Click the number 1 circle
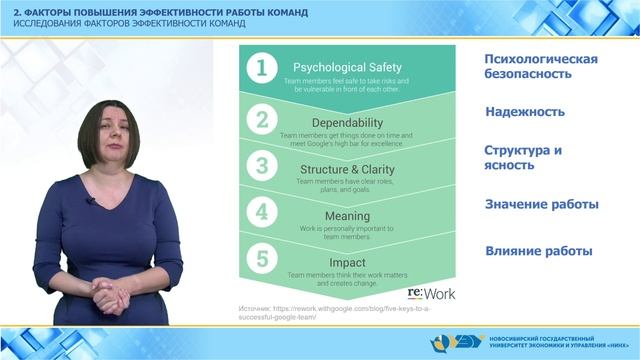[262, 68]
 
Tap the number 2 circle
[262, 120]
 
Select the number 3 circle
[262, 165]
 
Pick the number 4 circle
[262, 212]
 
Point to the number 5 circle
[262, 259]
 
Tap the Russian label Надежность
[525, 112]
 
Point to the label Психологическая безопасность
[541, 66]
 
